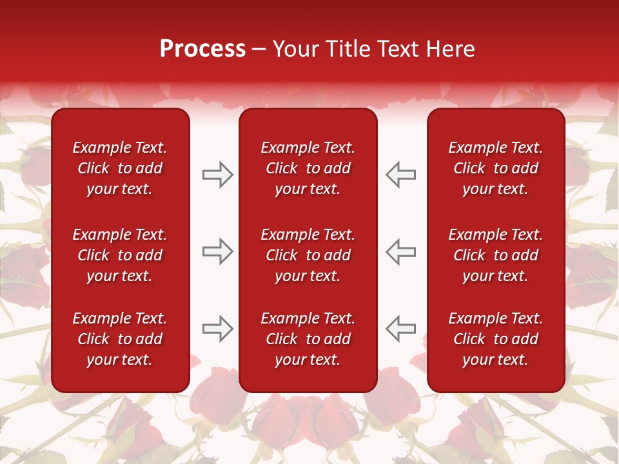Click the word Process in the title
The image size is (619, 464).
202,49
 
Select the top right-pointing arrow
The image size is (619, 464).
217,175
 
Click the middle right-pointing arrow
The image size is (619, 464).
217,251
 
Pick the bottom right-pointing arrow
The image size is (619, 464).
217,329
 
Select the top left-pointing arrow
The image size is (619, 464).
401,175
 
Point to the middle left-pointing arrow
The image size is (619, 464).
401,251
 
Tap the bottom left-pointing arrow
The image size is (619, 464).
401,329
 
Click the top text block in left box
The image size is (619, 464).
120,168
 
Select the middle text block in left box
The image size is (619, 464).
120,255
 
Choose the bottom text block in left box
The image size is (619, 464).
120,339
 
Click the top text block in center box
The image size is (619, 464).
308,168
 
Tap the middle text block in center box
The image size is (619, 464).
308,255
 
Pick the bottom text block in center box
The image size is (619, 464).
308,339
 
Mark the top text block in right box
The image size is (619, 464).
496,168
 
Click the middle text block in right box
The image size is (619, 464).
496,255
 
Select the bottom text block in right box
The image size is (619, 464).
496,339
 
